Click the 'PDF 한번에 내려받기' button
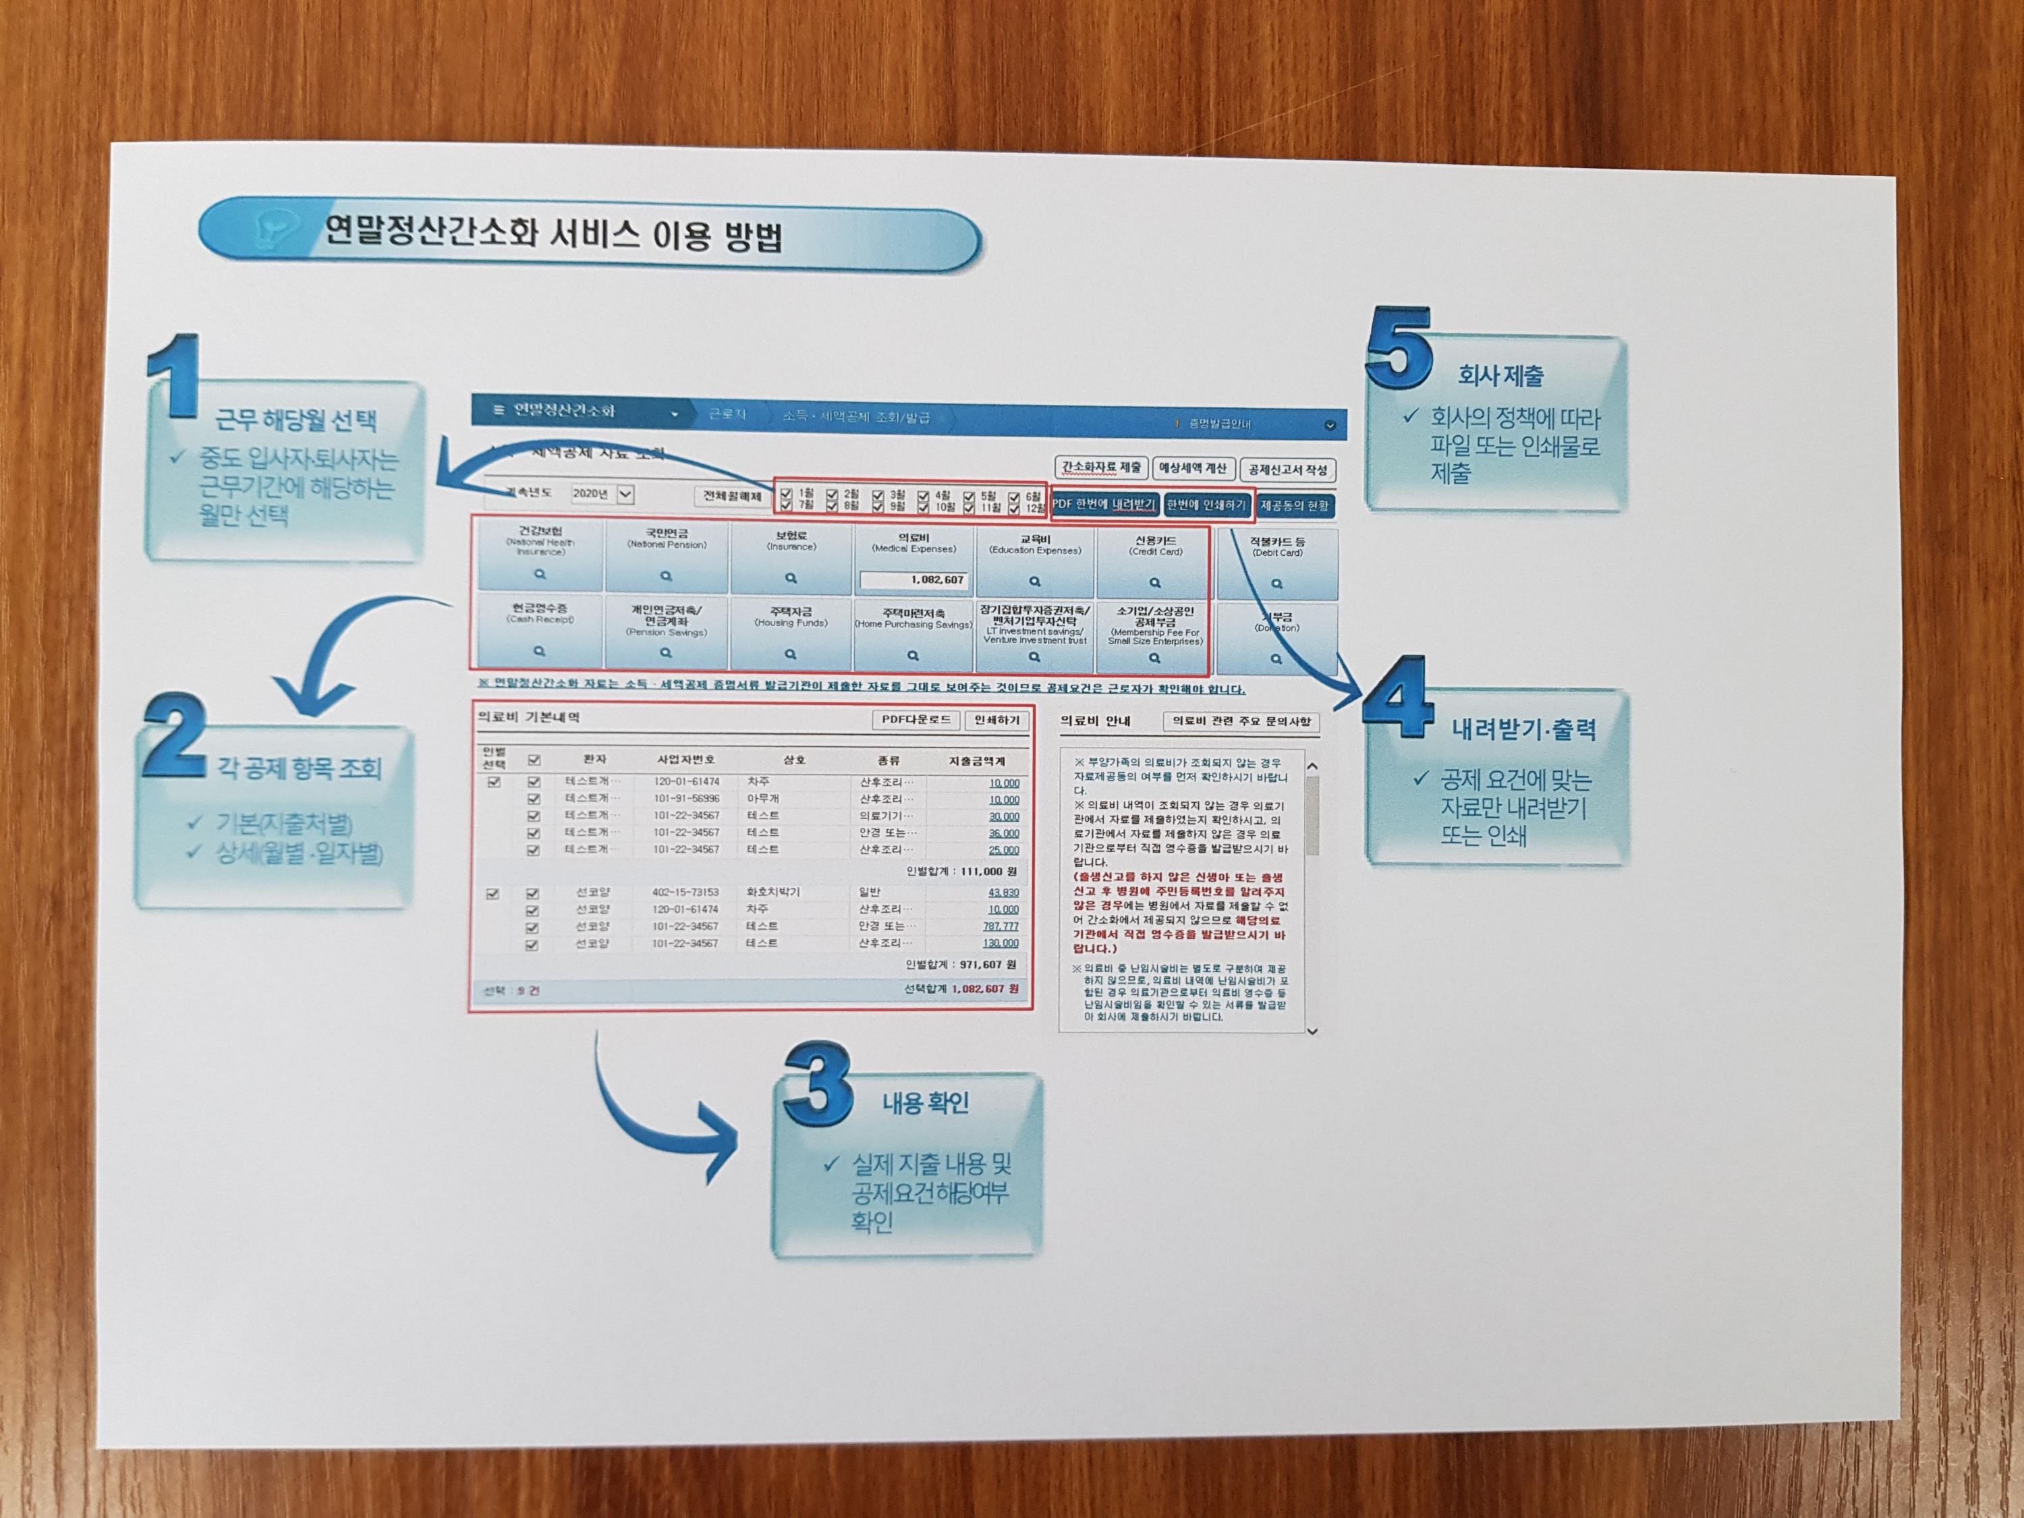pyautogui.click(x=1104, y=504)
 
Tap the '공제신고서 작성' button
pyautogui.click(x=1287, y=470)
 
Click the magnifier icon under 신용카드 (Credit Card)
pyautogui.click(x=1155, y=583)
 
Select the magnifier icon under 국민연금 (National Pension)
pyautogui.click(x=666, y=576)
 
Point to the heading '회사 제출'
pyautogui.click(x=1500, y=375)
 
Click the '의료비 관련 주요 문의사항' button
pyautogui.click(x=1241, y=722)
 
